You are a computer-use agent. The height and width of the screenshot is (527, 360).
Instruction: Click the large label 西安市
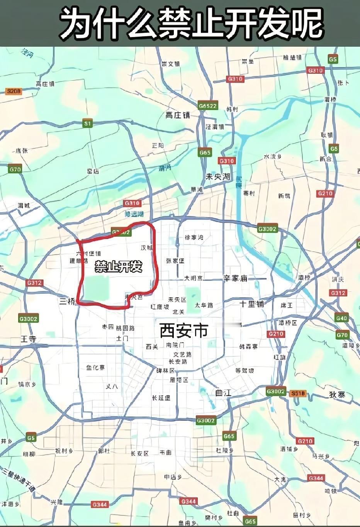click(x=184, y=330)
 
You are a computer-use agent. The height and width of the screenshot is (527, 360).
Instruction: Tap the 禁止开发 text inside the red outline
click(x=119, y=266)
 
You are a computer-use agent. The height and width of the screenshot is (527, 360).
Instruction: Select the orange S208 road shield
click(x=14, y=92)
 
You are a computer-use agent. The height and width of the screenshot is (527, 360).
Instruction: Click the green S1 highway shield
click(x=88, y=124)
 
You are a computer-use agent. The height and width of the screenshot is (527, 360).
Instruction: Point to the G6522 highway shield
click(x=208, y=106)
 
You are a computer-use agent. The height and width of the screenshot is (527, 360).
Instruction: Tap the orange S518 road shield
click(x=298, y=393)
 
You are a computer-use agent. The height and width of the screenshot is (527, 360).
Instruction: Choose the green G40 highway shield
click(x=341, y=318)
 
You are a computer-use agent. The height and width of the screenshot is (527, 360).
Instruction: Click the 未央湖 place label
click(x=217, y=177)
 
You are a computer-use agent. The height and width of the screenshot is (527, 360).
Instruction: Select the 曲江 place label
click(x=223, y=393)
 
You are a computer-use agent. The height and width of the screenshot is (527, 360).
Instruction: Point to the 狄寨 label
click(x=337, y=395)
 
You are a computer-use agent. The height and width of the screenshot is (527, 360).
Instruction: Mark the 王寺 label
click(x=28, y=339)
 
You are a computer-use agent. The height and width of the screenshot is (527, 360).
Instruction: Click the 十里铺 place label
click(x=252, y=304)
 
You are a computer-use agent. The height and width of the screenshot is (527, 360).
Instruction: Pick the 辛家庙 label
click(x=235, y=278)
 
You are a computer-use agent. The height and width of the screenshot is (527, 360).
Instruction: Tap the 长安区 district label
click(x=140, y=453)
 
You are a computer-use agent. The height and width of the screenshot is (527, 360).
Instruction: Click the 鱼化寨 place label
click(x=95, y=368)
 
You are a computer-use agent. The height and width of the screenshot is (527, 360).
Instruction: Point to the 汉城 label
click(x=147, y=247)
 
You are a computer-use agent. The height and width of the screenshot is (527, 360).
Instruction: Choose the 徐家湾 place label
click(x=194, y=237)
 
